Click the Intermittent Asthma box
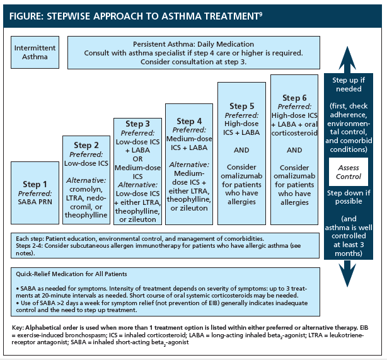[x=34, y=52]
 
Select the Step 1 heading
[x=37, y=185]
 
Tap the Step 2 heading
[x=87, y=146]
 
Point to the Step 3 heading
[x=138, y=124]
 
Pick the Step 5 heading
[x=242, y=106]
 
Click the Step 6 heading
[x=294, y=98]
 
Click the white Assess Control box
[x=349, y=172]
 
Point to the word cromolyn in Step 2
[x=87, y=189]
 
